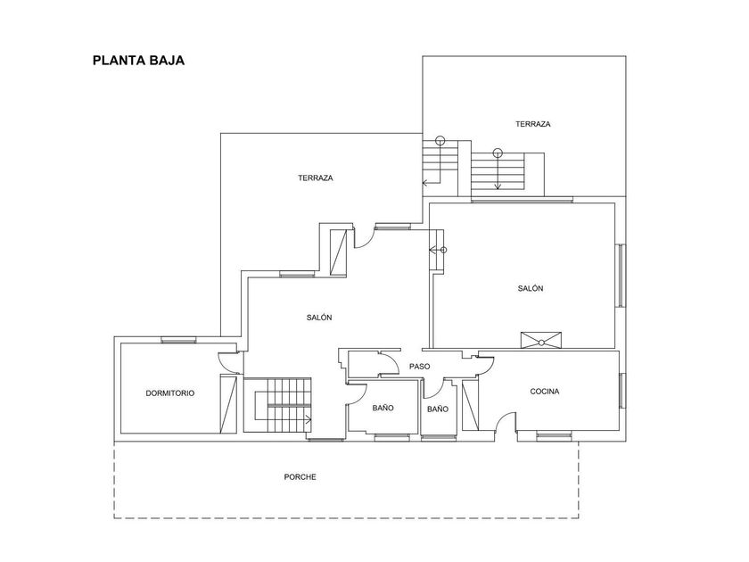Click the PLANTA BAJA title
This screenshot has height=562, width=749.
point(138,61)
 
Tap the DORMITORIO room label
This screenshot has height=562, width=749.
point(170,393)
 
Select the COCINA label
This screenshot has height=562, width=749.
point(545,392)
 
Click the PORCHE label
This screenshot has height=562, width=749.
point(300,477)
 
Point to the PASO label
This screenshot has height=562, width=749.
point(419,367)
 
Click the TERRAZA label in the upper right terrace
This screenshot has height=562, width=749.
point(533,124)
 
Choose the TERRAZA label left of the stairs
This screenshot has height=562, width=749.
point(316,178)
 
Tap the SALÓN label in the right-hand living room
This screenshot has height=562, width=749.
point(531,288)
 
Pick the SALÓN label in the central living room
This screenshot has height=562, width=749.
point(319,318)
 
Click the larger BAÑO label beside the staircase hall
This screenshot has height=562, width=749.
point(383,408)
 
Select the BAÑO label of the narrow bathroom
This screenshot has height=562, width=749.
point(438,409)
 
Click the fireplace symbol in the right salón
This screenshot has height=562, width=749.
point(541,340)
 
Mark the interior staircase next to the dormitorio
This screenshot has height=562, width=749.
point(277,405)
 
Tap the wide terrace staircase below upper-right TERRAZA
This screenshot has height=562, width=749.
point(498,172)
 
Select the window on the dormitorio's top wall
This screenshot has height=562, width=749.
point(178,340)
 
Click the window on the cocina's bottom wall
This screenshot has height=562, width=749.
point(554,435)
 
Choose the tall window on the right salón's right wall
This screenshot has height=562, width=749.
point(620,276)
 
